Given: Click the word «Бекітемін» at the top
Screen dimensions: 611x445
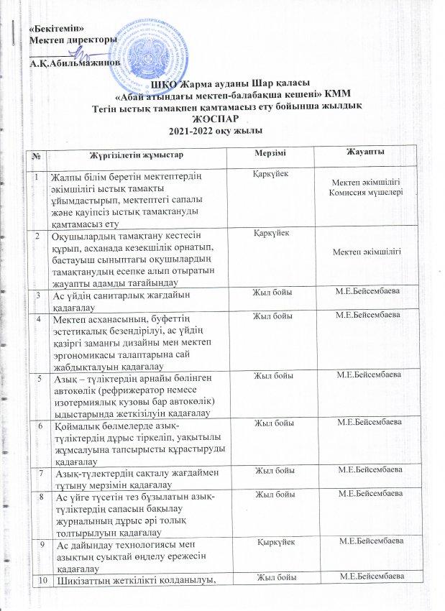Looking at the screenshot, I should [x=52, y=27].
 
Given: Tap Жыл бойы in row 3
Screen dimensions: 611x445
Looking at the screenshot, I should [x=271, y=291].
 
